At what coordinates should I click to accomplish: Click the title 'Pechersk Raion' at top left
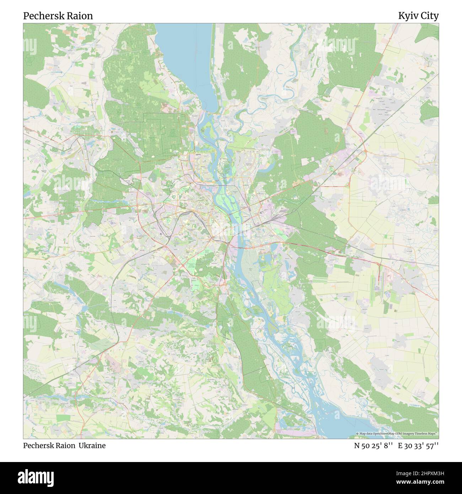pos(58,16)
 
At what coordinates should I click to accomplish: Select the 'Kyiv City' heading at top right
pos(418,16)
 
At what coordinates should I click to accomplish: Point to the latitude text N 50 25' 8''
pos(373,446)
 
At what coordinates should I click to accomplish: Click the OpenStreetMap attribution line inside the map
pos(397,434)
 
